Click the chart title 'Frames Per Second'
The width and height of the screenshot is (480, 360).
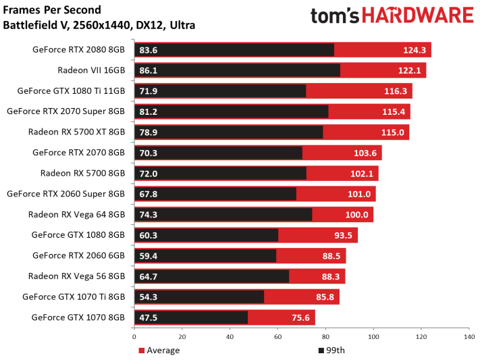(x=52, y=10)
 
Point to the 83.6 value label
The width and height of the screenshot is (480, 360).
(x=149, y=50)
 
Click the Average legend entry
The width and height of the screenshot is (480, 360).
(x=159, y=350)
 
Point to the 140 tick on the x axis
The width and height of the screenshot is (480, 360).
(x=468, y=336)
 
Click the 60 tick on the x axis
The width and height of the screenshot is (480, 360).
(x=277, y=336)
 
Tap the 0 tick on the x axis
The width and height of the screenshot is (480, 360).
(x=134, y=336)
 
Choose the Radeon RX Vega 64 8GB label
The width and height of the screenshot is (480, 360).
(x=76, y=215)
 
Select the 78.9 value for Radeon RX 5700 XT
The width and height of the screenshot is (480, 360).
(x=149, y=132)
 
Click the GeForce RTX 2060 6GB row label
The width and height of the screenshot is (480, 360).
(x=78, y=256)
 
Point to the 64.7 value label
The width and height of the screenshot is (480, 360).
(x=149, y=276)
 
